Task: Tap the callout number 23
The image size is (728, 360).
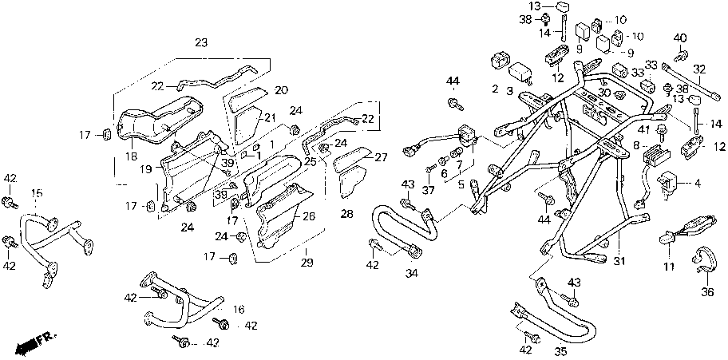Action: click(200, 42)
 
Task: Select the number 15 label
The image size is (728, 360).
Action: click(37, 193)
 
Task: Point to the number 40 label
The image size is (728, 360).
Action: click(680, 38)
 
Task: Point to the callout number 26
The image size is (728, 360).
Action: click(310, 216)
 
